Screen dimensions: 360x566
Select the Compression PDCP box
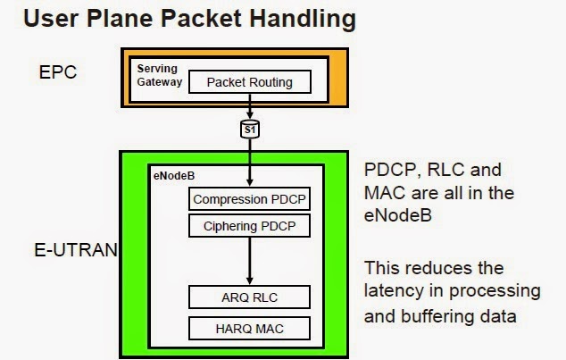pos(250,199)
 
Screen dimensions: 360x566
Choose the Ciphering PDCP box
pos(250,227)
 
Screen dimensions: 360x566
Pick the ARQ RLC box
pos(250,296)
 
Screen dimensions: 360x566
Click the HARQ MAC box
pos(250,328)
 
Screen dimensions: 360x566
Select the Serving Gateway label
pos(158,75)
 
